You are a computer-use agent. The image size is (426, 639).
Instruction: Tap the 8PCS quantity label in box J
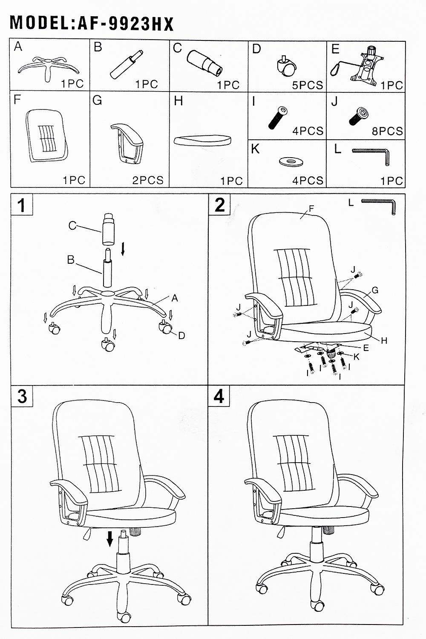coord(387,131)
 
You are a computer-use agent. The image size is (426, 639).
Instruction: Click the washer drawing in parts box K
coord(291,162)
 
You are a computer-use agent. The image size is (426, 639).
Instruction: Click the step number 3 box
coord(22,397)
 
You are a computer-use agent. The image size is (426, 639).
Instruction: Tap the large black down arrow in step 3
coord(110,539)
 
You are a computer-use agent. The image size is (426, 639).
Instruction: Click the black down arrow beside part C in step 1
coord(123,249)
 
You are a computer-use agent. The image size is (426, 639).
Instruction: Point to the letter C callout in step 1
coord(72,226)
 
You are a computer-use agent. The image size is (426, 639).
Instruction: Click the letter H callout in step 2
coord(384,340)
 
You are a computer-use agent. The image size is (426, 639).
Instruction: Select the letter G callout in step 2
coord(375,291)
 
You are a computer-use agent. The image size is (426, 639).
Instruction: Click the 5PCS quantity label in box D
coord(308,85)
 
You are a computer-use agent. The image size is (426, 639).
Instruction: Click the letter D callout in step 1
coord(182,336)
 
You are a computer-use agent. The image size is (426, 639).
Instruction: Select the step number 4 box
coord(219,397)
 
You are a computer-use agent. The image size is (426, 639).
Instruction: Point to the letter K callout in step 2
coord(357,357)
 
